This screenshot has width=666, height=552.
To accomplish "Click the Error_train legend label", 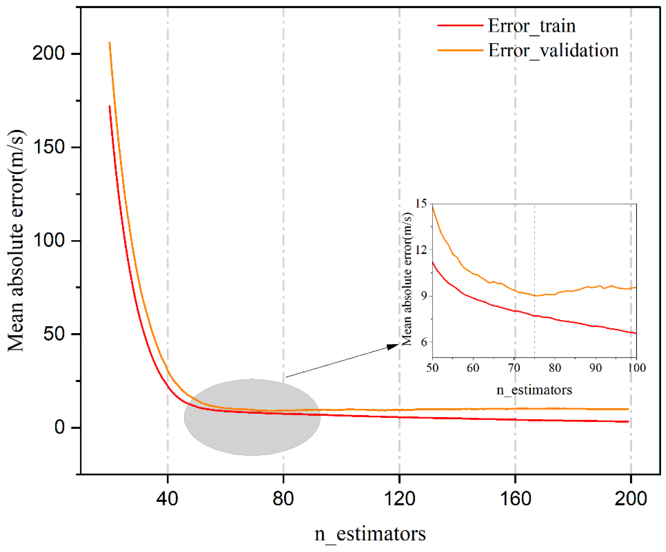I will pos(531,26).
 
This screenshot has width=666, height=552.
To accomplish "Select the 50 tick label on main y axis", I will pos(54,334).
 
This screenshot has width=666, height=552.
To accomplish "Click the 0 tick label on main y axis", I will pos(60,427).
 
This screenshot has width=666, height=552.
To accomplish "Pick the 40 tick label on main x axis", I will pos(167,498).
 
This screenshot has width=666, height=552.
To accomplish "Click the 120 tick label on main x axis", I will pos(399,498).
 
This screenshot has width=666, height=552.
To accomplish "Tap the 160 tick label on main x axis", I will pos(515,498).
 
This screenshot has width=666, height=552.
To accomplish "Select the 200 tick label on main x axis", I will pos(631,498).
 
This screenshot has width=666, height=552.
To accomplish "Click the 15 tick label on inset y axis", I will pos(421,203).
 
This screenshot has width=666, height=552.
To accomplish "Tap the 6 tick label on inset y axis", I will pos(424,342).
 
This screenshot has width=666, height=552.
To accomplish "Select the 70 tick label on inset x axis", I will pos(514,368).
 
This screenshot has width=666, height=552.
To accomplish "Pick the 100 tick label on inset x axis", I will pos(636,368).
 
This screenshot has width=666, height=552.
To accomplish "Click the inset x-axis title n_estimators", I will pos(534,390).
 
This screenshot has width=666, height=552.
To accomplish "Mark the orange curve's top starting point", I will pos(110,43).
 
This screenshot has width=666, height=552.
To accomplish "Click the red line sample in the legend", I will pos(460,25).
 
